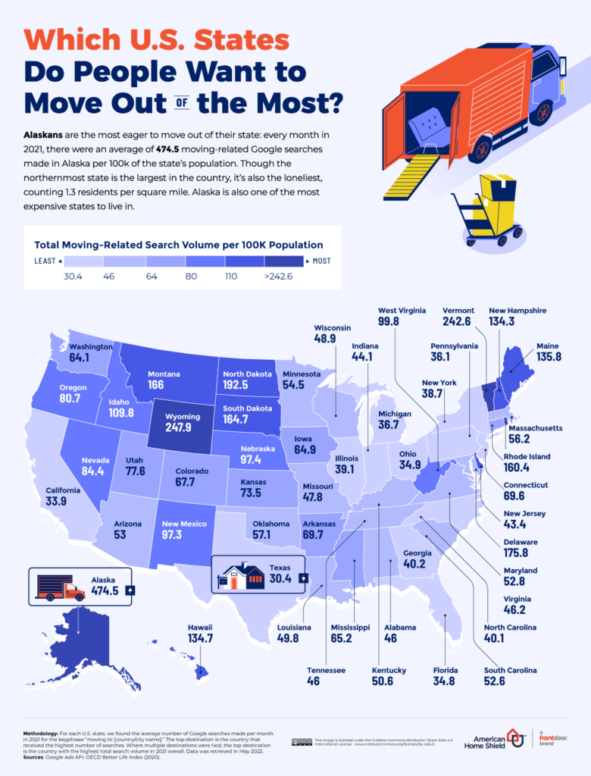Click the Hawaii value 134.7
tap(200, 640)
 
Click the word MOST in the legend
tap(321, 261)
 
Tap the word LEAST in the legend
tap(45, 261)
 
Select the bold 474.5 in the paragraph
tap(171, 150)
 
